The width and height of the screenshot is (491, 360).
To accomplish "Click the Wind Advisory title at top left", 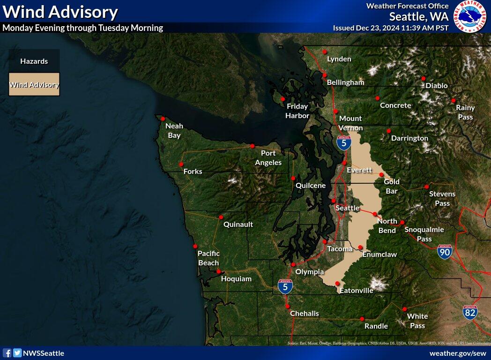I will [x=60, y=12].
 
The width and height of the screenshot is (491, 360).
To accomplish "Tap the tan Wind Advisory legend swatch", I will [x=34, y=84].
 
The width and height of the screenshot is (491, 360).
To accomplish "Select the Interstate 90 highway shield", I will [x=445, y=252].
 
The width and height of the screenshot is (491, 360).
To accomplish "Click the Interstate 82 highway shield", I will [x=470, y=312].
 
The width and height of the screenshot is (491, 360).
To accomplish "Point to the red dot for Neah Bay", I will [x=163, y=119].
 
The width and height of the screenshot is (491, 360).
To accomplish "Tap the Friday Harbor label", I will [x=298, y=111].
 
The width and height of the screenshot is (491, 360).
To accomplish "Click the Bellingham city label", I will [x=345, y=82].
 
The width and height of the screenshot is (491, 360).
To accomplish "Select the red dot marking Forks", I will [x=181, y=164].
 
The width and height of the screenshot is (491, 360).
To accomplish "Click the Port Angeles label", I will [x=268, y=158].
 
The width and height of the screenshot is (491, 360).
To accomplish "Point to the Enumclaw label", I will [x=379, y=255].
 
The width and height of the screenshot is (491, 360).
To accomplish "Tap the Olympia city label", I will [x=309, y=272].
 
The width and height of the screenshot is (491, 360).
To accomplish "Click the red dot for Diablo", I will [x=424, y=78].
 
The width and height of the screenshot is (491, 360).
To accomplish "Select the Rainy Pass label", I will [x=465, y=112].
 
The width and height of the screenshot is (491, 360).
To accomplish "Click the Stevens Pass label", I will [x=442, y=199].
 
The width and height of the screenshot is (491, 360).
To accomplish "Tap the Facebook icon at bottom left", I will [x=7, y=353].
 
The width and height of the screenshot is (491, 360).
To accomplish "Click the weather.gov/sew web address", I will [x=458, y=353].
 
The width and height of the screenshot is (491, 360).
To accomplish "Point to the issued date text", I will [x=391, y=28].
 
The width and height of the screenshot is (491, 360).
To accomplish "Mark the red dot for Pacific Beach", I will [x=195, y=246].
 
